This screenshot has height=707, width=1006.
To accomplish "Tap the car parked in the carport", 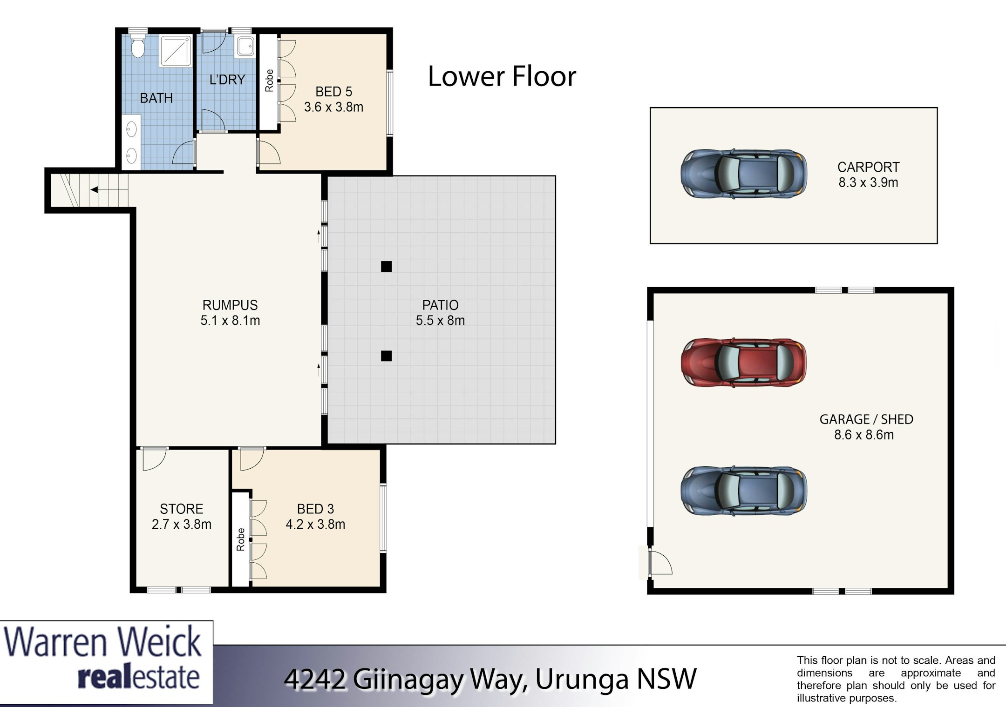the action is pos(743,174).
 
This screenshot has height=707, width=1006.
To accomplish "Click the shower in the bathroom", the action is pos(176,50).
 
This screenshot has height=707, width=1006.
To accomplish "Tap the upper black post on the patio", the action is pos(386,266).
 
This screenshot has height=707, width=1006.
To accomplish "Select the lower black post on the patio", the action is pos(386,356).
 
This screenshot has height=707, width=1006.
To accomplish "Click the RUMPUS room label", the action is pos(230,305).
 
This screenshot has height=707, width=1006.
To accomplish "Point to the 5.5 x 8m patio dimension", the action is pos(440,321).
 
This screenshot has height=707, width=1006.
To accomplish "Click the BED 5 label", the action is pos(333,92).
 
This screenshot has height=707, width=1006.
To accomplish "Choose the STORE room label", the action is pos(182,509).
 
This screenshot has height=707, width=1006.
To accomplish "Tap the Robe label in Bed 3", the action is pos(240,539).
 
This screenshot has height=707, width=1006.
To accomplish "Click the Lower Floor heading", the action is pos(502,76).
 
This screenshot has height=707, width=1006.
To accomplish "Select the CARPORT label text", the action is pos(868,167).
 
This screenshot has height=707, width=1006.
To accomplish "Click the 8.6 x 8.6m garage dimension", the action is pos(864,435).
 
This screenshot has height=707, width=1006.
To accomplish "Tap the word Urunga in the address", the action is pos(582,679).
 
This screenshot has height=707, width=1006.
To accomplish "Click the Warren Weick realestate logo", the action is pos(106,662).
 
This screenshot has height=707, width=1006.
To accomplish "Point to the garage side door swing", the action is pos(661,562).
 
